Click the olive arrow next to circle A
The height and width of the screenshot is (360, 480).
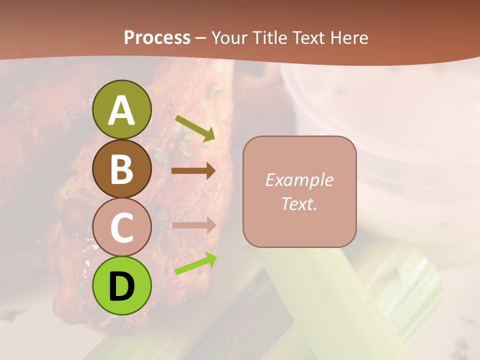coord(195,128)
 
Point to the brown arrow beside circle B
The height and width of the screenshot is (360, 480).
coord(193,171)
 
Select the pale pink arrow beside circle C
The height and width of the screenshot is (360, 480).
coord(193,225)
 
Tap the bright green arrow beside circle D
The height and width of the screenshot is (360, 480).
coord(195,264)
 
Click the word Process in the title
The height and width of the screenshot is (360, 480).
coord(157,37)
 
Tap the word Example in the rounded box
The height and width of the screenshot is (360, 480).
coord(299,180)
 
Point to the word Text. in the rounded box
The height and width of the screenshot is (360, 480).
coord(299,204)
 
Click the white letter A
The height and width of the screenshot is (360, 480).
coord(122,111)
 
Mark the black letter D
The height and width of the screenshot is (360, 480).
coord(122,286)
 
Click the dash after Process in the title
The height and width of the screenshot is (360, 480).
coord(201,38)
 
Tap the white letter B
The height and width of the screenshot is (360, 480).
coord(122,169)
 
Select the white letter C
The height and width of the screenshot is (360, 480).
coord(122,228)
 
